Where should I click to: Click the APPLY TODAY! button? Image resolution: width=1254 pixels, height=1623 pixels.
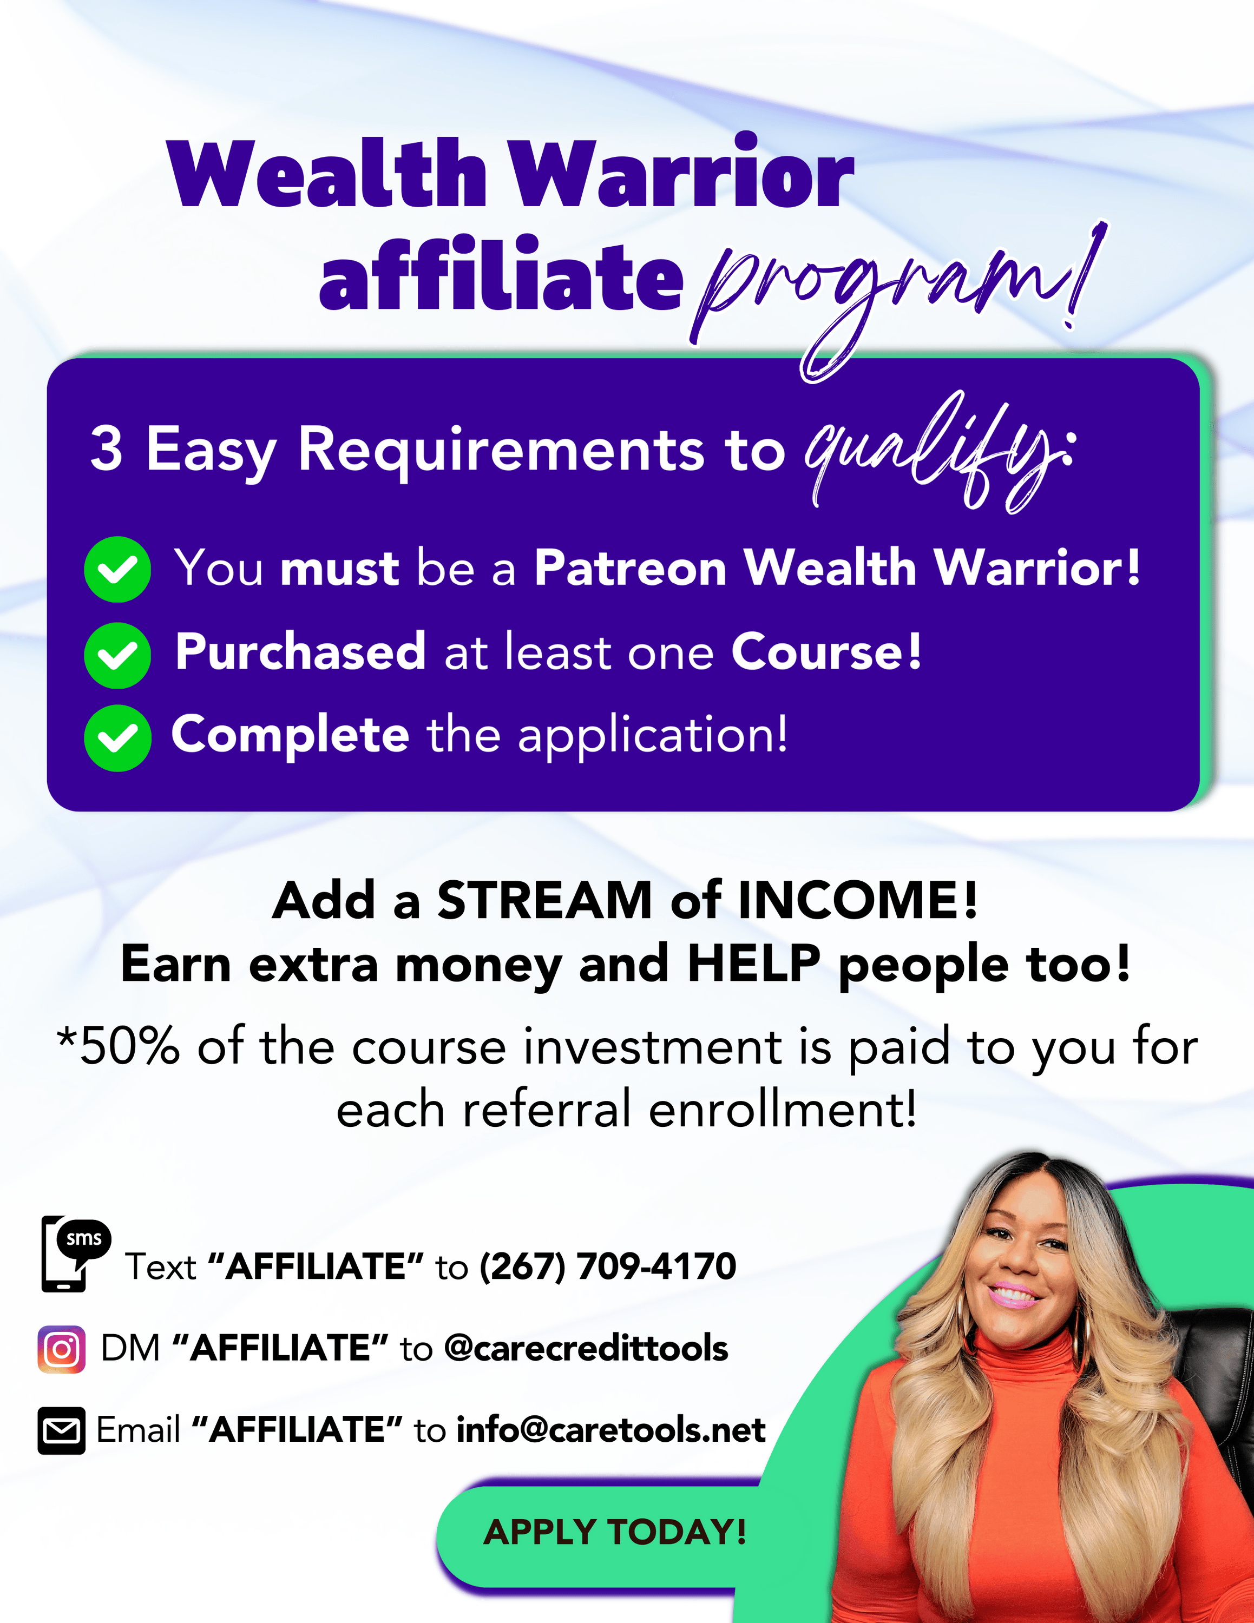[x=614, y=1532]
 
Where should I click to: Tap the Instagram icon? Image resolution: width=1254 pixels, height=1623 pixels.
[x=62, y=1349]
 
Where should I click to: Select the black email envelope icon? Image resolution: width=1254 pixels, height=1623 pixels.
[x=62, y=1430]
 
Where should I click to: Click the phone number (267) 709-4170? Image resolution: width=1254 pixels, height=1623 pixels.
[x=607, y=1266]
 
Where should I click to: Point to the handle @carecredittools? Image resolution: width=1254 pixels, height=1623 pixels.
[x=586, y=1348]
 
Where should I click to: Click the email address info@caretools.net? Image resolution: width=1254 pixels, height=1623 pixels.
[x=610, y=1430]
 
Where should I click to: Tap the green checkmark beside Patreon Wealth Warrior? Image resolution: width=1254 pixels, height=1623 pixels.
[x=117, y=569]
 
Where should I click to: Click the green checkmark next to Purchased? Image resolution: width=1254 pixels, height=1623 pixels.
[x=117, y=655]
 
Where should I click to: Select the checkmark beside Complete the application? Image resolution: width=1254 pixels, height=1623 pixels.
[x=117, y=738]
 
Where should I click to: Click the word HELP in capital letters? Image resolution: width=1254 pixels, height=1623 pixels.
[x=754, y=964]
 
